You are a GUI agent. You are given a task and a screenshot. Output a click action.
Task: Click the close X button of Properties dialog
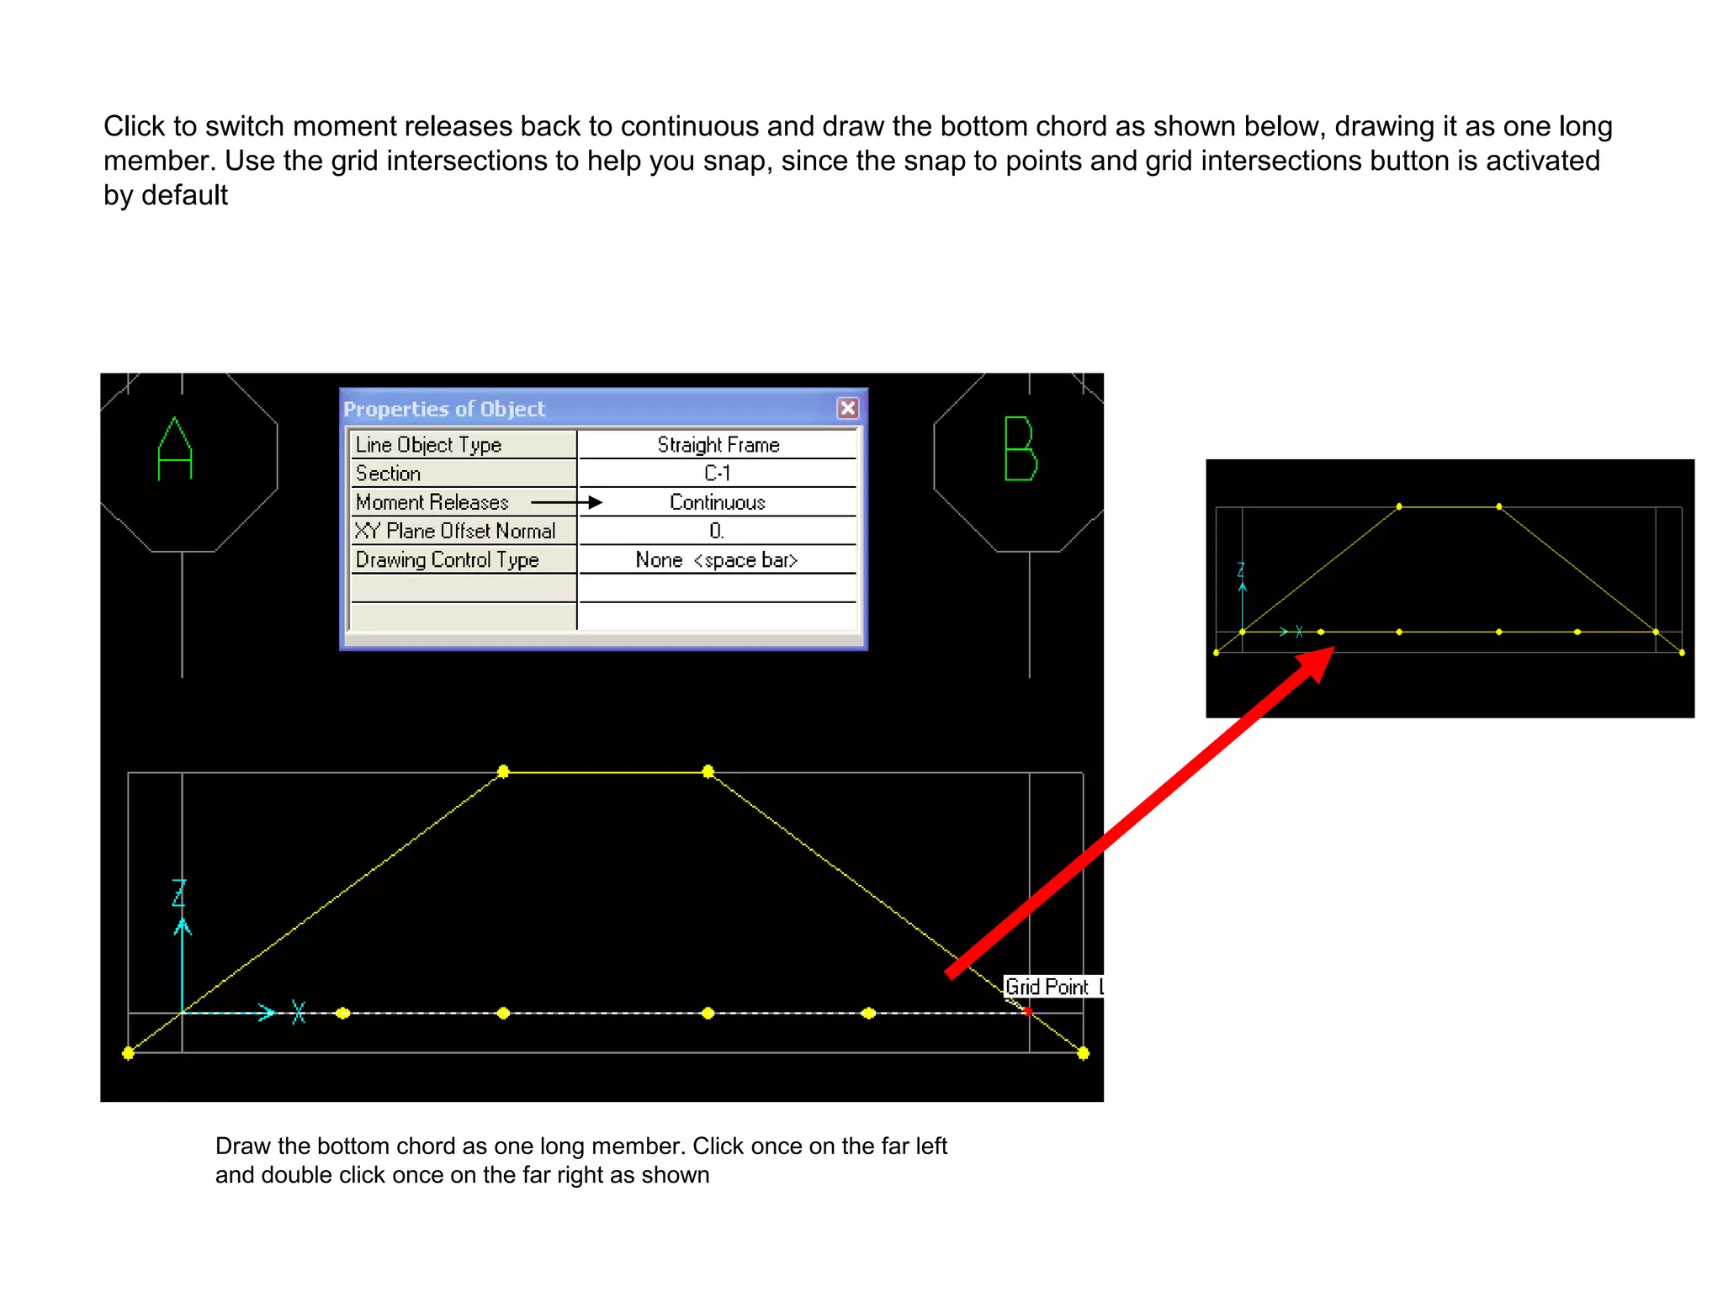pyautogui.click(x=847, y=408)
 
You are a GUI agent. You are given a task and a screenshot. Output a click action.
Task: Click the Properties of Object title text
pyautogui.click(x=444, y=410)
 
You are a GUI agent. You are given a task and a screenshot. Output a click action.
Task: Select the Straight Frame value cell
pyautogui.click(x=718, y=444)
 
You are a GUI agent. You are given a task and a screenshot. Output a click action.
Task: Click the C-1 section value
pyautogui.click(x=718, y=473)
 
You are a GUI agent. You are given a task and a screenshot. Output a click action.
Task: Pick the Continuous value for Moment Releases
pyautogui.click(x=718, y=502)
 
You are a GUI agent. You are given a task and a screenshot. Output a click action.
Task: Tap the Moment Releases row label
pyautogui.click(x=432, y=502)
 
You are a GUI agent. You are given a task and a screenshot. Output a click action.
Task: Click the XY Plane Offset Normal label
pyautogui.click(x=455, y=531)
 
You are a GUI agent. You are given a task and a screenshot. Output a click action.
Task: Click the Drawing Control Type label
pyautogui.click(x=447, y=560)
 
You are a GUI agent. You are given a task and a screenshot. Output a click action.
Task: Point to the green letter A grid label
pyautogui.click(x=175, y=449)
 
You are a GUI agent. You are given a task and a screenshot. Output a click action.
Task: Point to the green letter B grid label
pyautogui.click(x=1021, y=449)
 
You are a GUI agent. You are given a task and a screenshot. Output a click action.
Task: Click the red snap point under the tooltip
pyautogui.click(x=1028, y=1012)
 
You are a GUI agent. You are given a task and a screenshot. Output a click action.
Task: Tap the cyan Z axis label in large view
pyautogui.click(x=179, y=893)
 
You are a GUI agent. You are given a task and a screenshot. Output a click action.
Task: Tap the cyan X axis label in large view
pyautogui.click(x=298, y=1012)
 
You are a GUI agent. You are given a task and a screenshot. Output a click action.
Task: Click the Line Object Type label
pyautogui.click(x=428, y=444)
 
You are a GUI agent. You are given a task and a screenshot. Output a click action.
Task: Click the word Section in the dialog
pyautogui.click(x=388, y=473)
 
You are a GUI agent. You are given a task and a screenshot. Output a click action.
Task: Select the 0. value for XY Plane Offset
pyautogui.click(x=716, y=531)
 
